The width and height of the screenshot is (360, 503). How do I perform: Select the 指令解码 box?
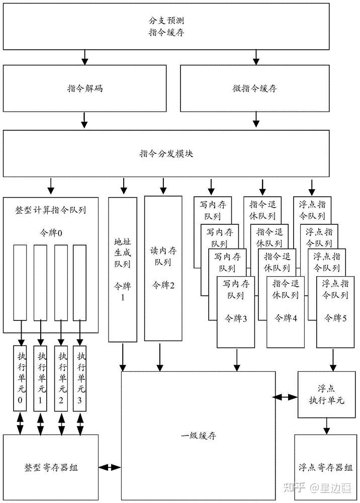point(85,88)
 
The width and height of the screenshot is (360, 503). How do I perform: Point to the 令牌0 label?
point(51,232)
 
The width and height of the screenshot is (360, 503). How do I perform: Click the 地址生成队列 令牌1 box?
point(122,270)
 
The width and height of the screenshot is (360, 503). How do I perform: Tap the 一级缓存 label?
point(199,436)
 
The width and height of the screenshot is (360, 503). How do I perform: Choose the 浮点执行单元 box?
point(326,394)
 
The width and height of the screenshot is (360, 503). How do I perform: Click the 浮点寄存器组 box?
point(326,467)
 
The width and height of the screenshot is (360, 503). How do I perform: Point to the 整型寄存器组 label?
point(51,467)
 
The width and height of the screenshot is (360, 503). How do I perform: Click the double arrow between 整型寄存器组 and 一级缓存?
point(110,467)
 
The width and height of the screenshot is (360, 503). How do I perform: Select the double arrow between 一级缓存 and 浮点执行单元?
point(287,397)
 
